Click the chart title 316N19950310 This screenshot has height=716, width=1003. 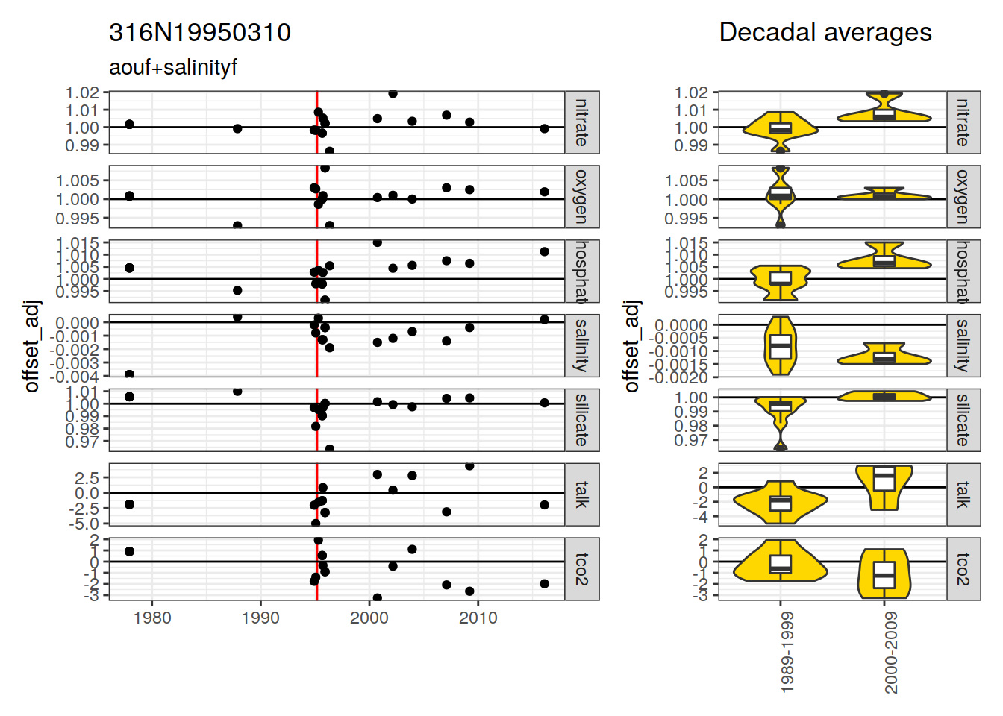(x=200, y=32)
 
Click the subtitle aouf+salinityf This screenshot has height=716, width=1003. (x=173, y=67)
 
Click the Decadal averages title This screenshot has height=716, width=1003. (x=825, y=32)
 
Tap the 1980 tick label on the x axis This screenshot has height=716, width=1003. (x=152, y=618)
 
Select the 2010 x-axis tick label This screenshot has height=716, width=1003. (x=478, y=618)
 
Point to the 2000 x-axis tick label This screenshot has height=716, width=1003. (x=369, y=618)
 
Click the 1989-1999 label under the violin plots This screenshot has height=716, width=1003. (x=787, y=653)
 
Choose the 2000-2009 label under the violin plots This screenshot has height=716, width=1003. (x=891, y=653)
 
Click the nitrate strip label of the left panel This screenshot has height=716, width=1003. (x=582, y=122)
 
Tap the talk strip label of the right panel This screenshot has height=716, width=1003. (x=963, y=494)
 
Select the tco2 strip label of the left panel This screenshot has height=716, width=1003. (x=582, y=569)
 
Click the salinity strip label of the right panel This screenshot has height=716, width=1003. (x=963, y=345)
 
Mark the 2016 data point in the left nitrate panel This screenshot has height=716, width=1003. (x=545, y=128)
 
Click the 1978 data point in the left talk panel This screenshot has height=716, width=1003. (x=129, y=505)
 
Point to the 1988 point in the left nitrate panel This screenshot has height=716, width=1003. (x=237, y=128)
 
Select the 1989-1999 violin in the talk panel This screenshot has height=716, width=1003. (x=781, y=503)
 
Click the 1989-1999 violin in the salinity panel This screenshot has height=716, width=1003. (x=781, y=346)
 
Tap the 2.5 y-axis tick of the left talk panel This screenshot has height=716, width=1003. (x=87, y=477)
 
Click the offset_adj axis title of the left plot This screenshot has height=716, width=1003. (x=31, y=346)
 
